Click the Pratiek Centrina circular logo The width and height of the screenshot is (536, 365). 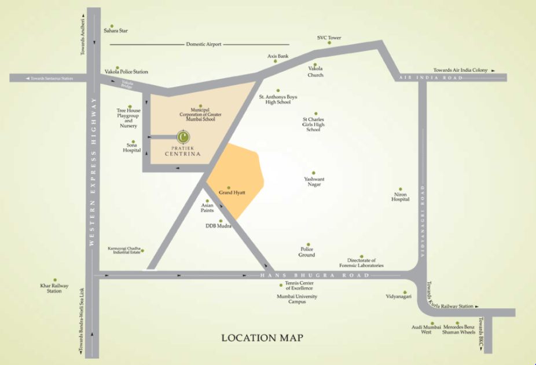tap(183, 137)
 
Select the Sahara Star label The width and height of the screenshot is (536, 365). tap(116, 30)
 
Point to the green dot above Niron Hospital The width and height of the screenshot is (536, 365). tap(400, 188)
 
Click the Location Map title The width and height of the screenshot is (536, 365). tap(262, 337)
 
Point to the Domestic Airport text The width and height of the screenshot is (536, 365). tap(204, 45)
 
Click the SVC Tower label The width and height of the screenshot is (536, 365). tap(329, 38)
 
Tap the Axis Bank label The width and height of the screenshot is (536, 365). tap(278, 56)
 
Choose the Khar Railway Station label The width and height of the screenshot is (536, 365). tap(54, 289)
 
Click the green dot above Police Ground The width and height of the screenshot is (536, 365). tap(309, 245)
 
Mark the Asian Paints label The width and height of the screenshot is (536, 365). tap(207, 207)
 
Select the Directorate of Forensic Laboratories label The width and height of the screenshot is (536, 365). tap(362, 263)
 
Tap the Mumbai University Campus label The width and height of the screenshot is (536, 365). tap(297, 299)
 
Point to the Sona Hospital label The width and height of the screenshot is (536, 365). tap(132, 148)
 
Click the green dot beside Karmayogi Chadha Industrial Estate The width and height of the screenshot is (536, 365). tap(143, 251)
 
